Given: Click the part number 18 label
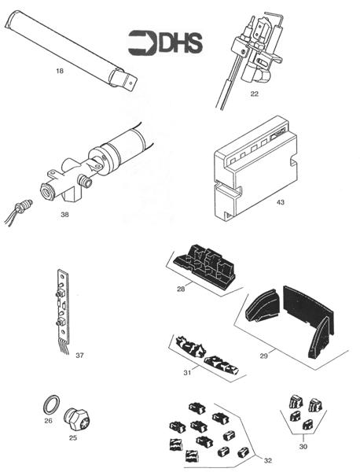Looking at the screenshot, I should (x=59, y=72).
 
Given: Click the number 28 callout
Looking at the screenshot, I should (x=181, y=289).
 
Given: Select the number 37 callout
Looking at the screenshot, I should (x=79, y=356).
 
